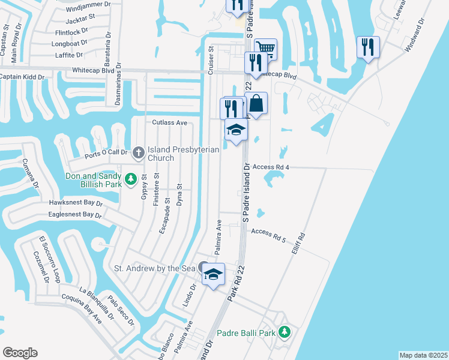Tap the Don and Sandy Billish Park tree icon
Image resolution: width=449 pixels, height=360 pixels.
tap(130, 178)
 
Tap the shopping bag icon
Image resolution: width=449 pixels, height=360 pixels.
tap(256, 103)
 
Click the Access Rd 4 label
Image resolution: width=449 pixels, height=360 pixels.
tap(271, 167)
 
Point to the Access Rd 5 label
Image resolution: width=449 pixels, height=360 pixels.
tap(268, 234)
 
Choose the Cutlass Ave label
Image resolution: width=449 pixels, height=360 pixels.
tap(170, 122)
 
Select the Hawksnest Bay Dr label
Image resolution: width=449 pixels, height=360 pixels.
tap(76, 203)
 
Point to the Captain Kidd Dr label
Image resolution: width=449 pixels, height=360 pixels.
tap(28, 77)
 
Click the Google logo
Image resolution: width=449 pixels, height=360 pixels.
tap(20, 353)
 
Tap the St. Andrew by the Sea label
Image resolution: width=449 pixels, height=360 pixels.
tap(155, 268)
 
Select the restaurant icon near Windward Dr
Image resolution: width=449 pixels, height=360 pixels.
tap(367, 47)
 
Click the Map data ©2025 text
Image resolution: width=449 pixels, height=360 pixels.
tap(423, 355)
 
